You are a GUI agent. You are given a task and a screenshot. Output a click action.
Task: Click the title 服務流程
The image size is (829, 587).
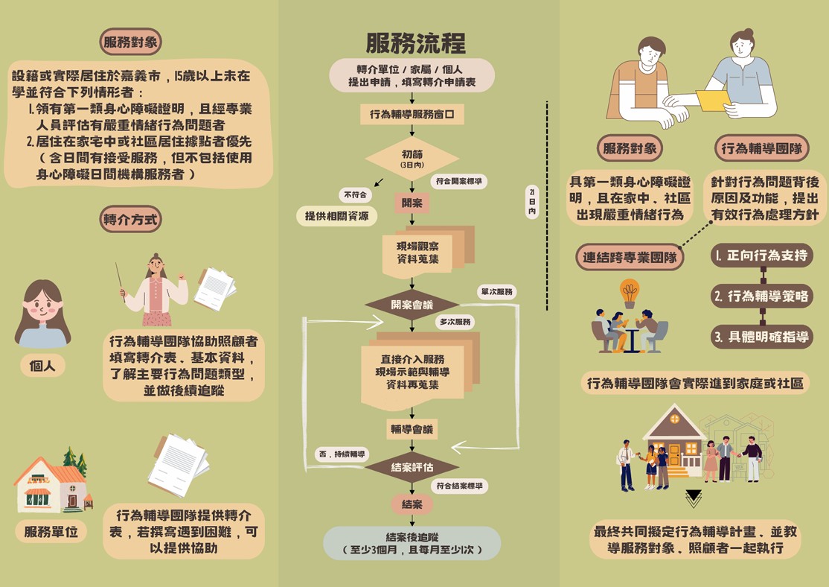415,43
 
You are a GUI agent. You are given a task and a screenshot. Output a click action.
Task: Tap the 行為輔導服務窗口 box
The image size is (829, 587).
412,115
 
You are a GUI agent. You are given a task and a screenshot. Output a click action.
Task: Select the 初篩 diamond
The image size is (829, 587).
412,159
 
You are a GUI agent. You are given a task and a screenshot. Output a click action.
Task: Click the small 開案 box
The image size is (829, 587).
412,203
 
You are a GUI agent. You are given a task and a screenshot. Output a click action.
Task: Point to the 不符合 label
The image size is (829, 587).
354,195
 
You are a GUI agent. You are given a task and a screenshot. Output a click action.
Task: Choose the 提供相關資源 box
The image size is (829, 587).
336,216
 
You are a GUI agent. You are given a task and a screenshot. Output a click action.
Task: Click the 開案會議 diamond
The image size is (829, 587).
412,305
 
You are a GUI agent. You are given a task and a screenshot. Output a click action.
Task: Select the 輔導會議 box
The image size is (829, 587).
412,429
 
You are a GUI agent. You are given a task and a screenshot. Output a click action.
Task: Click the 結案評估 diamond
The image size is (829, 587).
412,467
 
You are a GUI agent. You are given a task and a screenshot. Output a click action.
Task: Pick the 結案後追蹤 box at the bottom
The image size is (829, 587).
412,543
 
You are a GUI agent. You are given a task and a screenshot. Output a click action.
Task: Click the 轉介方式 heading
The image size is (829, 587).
132,219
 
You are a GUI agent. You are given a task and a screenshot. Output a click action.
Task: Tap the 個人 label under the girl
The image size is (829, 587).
42,366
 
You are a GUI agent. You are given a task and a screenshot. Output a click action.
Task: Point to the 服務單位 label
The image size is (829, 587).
51,532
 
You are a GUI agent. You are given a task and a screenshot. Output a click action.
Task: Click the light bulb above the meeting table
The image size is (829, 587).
630,292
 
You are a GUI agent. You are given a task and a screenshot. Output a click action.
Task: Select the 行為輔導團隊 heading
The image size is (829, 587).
762,148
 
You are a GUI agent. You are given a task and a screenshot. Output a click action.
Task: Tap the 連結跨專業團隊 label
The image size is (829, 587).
630,258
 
